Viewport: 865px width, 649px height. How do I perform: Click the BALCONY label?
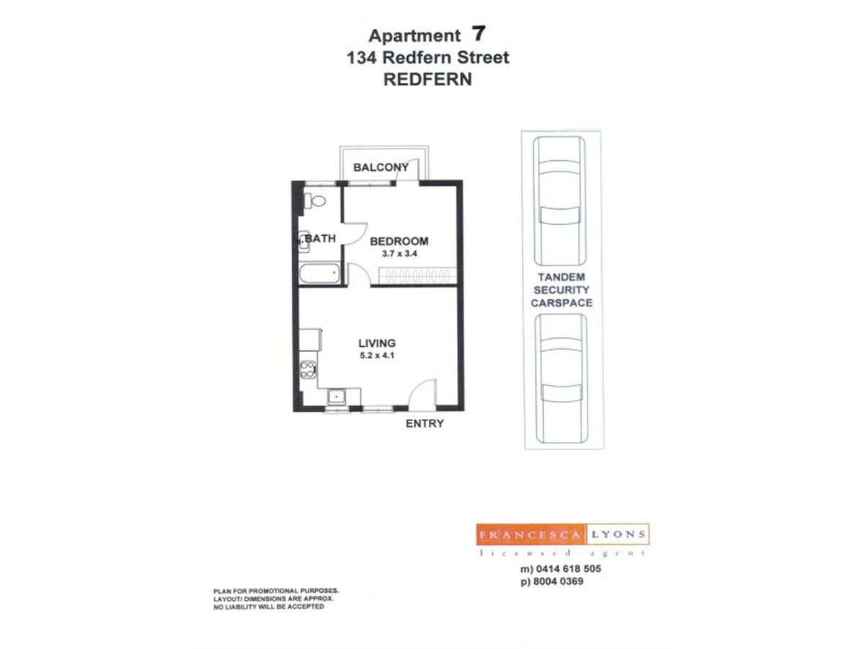[x=381, y=167]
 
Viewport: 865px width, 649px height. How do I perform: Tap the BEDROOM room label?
[x=399, y=241]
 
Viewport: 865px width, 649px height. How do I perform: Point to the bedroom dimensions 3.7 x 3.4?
[x=399, y=254]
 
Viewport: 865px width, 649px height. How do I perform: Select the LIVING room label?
[x=378, y=343]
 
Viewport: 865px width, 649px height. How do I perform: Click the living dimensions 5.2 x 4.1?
[x=378, y=356]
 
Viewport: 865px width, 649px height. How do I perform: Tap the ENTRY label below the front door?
[x=425, y=423]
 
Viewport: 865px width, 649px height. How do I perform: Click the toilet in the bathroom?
[x=315, y=200]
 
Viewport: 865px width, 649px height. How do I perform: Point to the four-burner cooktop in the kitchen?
[x=308, y=370]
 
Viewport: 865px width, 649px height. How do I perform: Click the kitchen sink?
[x=337, y=396]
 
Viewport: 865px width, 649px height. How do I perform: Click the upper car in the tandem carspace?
[x=559, y=200]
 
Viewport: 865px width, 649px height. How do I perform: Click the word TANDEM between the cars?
[x=561, y=277]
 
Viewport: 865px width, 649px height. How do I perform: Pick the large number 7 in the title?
[x=477, y=34]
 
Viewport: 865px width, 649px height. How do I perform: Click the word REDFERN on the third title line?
[x=427, y=79]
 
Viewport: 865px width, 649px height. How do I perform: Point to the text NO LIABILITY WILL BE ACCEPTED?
[x=268, y=607]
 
